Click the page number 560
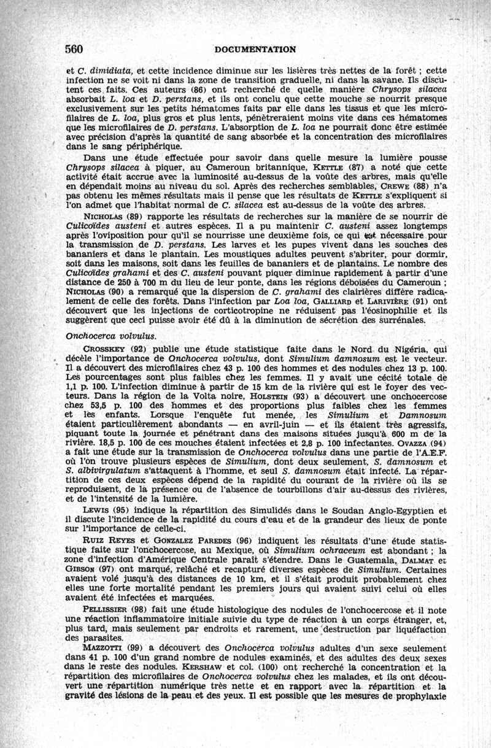(x=74, y=48)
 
